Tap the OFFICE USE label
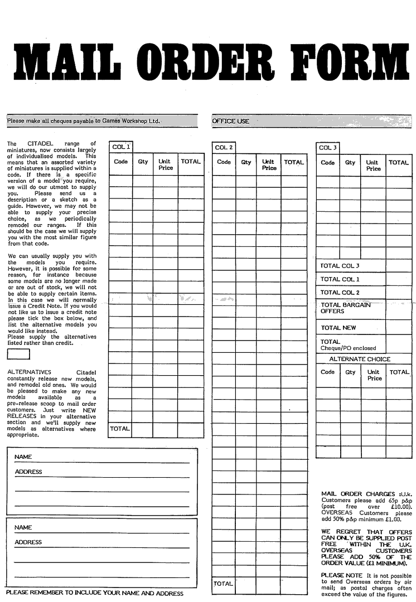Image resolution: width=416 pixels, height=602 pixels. pyautogui.click(x=230, y=121)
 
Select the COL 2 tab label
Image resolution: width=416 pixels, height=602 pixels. pyautogui.click(x=224, y=148)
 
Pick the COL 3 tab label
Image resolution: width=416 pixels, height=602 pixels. pyautogui.click(x=328, y=148)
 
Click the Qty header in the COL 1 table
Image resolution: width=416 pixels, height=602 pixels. pyautogui.click(x=143, y=162)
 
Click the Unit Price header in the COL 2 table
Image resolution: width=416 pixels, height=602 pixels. pyautogui.click(x=269, y=165)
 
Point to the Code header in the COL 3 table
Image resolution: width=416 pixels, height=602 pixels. pyautogui.click(x=328, y=163)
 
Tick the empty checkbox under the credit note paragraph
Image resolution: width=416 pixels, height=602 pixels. pyautogui.click(x=18, y=355)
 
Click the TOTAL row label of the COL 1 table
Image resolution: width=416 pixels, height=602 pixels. pyautogui.click(x=119, y=429)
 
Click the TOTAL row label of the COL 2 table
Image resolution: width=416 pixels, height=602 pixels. pyautogui.click(x=223, y=584)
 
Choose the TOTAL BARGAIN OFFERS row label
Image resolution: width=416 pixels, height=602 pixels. pyautogui.click(x=345, y=308)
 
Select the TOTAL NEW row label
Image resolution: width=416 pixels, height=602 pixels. pyautogui.click(x=338, y=328)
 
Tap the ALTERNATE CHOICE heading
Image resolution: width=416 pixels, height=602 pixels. pyautogui.click(x=360, y=359)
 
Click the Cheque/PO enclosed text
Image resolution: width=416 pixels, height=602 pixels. pyautogui.click(x=348, y=348)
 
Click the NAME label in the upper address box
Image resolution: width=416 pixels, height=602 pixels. pyautogui.click(x=23, y=457)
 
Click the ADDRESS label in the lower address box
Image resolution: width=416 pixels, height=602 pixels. pyautogui.click(x=28, y=542)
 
